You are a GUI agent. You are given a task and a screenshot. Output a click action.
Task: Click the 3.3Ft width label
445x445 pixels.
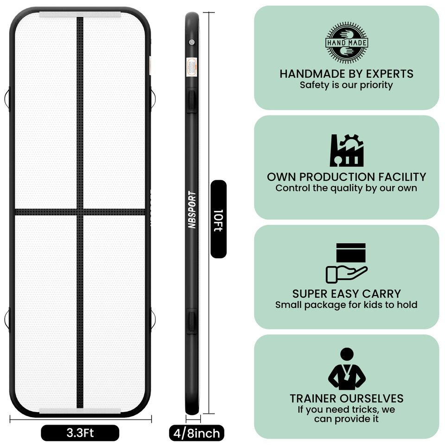(x=80, y=433)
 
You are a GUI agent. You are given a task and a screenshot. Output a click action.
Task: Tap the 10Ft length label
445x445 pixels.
(x=218, y=219)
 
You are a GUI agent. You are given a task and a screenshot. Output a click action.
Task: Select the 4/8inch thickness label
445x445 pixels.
(x=196, y=433)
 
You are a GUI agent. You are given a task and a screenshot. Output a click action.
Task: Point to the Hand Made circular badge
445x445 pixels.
(x=347, y=43)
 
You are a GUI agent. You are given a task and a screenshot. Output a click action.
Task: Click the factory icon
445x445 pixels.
(x=346, y=151)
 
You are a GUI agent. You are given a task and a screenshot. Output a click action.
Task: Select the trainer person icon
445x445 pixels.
(x=347, y=369)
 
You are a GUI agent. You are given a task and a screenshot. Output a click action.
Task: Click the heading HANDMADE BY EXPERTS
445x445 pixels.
(x=346, y=73)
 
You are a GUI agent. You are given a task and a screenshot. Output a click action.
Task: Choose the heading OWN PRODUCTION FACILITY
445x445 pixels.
(x=346, y=177)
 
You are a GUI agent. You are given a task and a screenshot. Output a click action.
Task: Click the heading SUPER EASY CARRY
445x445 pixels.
(x=346, y=293)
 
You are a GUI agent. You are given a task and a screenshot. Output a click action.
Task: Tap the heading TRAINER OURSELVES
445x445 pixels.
(x=346, y=398)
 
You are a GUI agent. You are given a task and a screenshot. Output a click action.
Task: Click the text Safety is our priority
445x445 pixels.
(x=346, y=85)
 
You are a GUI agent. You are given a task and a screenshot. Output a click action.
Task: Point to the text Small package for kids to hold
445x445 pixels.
(x=346, y=305)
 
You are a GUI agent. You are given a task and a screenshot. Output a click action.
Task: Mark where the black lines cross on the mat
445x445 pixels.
(x=80, y=212)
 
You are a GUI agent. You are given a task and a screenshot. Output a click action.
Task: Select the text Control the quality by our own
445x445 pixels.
(x=346, y=188)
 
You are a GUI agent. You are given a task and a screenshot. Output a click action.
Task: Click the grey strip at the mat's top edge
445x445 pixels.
(x=80, y=14)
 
